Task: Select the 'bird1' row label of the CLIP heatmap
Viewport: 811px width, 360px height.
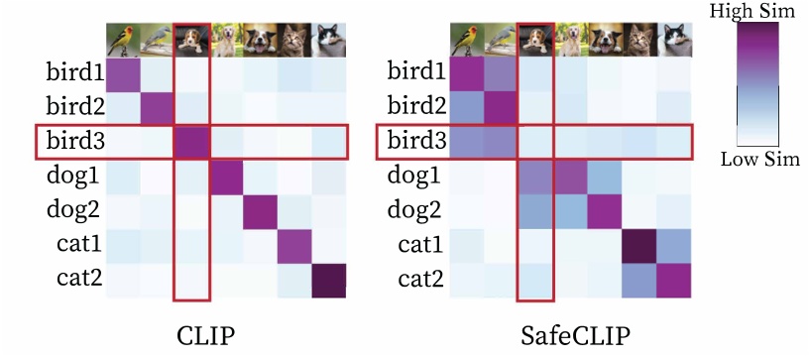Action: [x=71, y=72]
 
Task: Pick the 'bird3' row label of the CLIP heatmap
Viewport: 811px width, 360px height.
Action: [x=71, y=143]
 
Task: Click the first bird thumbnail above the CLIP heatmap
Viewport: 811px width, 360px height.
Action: [x=123, y=39]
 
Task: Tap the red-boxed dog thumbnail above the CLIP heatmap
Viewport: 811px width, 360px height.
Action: [x=191, y=39]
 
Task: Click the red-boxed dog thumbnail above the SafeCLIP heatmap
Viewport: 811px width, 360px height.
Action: [x=534, y=39]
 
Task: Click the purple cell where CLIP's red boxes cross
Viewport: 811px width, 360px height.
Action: [x=191, y=143]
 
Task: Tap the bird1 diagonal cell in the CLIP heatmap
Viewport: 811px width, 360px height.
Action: [x=123, y=73]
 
